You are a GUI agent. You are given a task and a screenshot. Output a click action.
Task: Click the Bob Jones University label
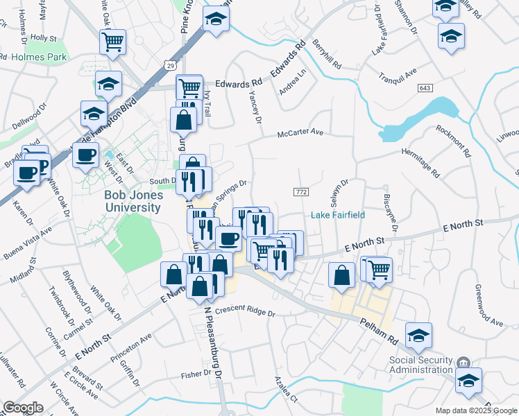[x=133, y=201]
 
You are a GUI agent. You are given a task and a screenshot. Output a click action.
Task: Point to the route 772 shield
[x=301, y=191]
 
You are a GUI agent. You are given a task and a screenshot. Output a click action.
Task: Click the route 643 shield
[x=425, y=88]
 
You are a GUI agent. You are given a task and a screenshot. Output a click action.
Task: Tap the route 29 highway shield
[x=171, y=65]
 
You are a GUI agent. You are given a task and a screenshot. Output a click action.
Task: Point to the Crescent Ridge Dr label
[x=245, y=313]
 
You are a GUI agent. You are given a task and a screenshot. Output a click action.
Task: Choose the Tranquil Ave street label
[x=397, y=73]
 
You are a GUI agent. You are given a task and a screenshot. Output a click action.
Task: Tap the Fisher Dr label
[x=196, y=374]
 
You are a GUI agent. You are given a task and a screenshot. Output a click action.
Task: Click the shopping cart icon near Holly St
[x=112, y=42]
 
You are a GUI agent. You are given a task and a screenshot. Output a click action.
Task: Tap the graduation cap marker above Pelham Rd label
[x=418, y=336]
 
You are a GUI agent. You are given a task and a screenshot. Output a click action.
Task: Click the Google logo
[x=23, y=408]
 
